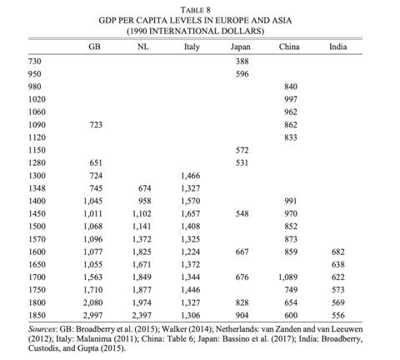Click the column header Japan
tap(240, 47)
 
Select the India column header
tap(338, 47)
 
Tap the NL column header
tap(143, 47)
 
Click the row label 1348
tap(37, 188)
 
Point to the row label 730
tap(34, 61)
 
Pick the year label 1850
tap(37, 315)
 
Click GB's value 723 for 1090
tap(96, 125)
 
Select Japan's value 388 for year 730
tap(242, 61)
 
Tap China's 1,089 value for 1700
tap(288, 277)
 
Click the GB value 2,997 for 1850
tap(92, 315)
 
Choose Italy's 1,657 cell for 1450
tap(191, 213)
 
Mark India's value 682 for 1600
tap(338, 252)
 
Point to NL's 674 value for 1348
tap(145, 188)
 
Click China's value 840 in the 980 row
tap(291, 87)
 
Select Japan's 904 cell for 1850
tap(242, 315)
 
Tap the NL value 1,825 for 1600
tap(142, 252)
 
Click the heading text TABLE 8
tap(196, 10)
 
